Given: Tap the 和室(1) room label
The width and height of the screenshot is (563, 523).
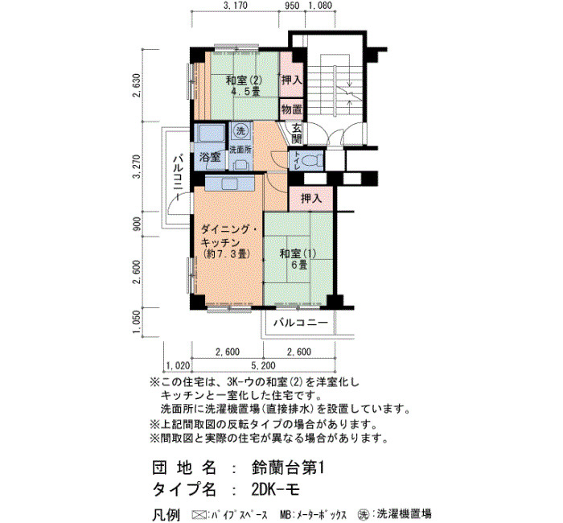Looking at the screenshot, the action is (x=298, y=253).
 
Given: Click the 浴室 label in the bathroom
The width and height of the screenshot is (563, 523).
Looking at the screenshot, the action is (x=210, y=157).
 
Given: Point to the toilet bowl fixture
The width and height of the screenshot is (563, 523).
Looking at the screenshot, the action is (x=310, y=159).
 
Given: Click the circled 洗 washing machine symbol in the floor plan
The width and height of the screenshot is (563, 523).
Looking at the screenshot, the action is (x=241, y=130).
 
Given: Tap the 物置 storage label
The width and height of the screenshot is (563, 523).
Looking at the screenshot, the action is (x=291, y=109).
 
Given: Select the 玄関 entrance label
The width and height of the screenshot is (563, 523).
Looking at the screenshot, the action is (x=297, y=133).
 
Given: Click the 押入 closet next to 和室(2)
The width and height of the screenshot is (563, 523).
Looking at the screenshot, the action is (x=291, y=80).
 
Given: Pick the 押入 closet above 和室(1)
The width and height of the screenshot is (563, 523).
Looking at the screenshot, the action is (x=311, y=198).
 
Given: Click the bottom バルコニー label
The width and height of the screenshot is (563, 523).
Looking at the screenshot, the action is (x=301, y=322).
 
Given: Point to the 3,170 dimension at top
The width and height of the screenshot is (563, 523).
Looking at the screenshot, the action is (x=235, y=6).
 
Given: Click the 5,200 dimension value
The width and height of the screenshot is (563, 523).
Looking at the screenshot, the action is (x=263, y=365).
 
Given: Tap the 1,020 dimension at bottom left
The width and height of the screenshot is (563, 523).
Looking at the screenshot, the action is (x=178, y=365).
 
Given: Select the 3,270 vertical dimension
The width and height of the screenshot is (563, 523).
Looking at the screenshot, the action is (x=136, y=167).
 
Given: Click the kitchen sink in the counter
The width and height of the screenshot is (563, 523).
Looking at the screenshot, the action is (x=230, y=183).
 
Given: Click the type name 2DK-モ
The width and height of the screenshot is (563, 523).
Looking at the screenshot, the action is (x=275, y=489).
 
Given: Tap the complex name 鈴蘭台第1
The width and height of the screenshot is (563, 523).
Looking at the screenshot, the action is (x=288, y=468).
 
